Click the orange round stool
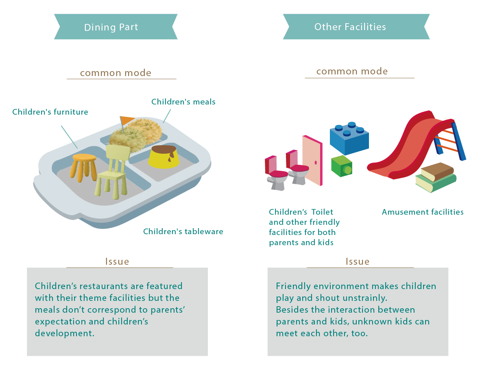tap(84, 164)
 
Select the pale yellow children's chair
tap(112, 171)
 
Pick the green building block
tap(342, 166)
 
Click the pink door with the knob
tap(312, 160)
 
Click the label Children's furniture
tap(50, 112)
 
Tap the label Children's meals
tap(183, 102)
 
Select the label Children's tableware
tap(183, 232)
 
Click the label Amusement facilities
tap(423, 212)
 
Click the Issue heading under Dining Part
tap(117, 261)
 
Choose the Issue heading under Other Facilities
tap(358, 261)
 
